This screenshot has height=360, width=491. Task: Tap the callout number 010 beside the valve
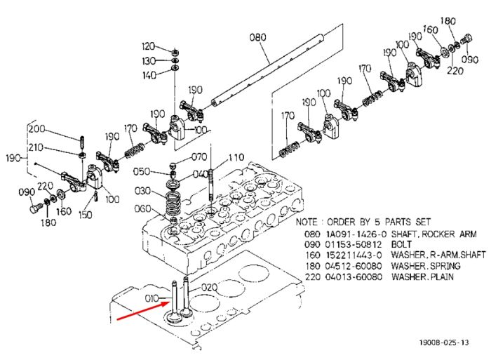coord(152,298)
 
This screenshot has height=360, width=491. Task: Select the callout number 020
coord(209,287)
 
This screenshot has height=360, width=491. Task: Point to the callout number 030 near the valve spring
coord(142,190)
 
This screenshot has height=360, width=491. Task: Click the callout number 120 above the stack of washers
coord(148,46)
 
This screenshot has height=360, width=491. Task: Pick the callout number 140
coord(149,75)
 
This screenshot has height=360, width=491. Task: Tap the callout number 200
coord(36,129)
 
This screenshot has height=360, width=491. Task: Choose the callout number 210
coord(36,147)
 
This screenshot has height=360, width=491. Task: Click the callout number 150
coord(85,215)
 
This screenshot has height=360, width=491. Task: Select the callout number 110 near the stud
coord(236,157)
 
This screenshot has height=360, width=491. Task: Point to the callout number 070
coord(199,156)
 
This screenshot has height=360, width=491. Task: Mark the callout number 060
coord(142,208)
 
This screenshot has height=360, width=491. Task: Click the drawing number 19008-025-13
coord(444,342)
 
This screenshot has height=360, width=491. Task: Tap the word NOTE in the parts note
coord(307,222)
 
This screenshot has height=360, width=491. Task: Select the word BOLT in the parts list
coord(401,244)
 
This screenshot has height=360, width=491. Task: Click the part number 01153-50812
coord(354,244)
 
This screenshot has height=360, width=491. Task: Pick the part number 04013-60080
coord(354,277)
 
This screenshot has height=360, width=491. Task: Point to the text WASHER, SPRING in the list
coord(426,267)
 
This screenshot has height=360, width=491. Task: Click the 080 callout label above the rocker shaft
coord(257,37)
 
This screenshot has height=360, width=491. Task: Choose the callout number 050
coord(141,171)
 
